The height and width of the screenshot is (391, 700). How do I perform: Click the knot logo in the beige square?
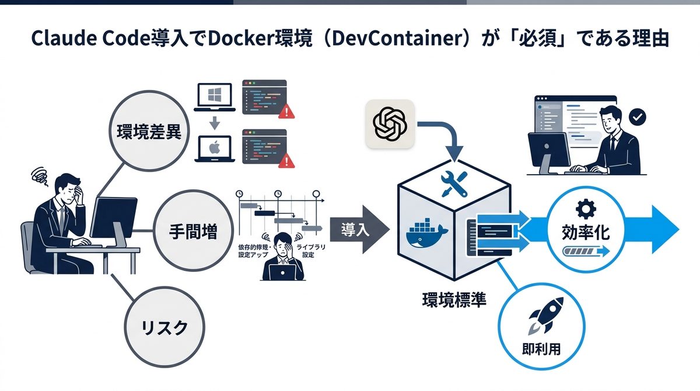pos(390,124)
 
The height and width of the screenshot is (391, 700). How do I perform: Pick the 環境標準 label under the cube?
pos(454,300)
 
